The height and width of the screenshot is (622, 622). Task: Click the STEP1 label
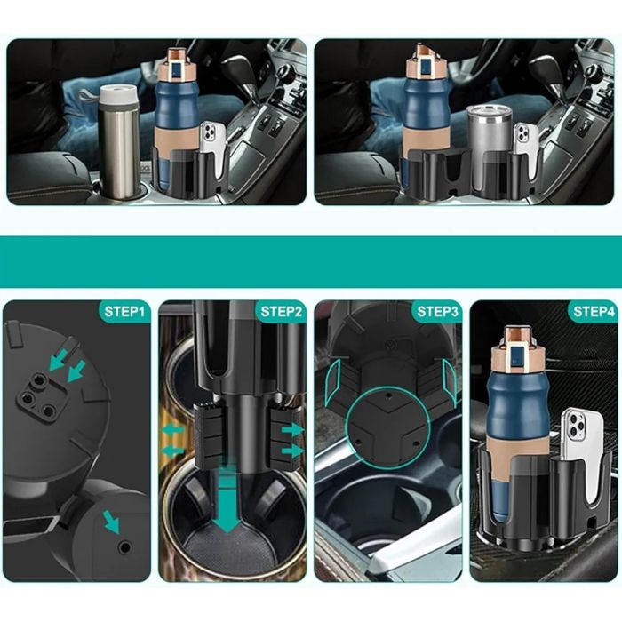point(124,311)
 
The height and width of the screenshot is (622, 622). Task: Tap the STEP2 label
point(281,311)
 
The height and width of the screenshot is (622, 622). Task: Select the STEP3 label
point(437,311)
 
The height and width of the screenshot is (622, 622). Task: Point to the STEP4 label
point(594,311)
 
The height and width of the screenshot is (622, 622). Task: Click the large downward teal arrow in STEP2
point(227,499)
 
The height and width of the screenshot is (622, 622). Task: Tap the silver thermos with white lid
point(118,140)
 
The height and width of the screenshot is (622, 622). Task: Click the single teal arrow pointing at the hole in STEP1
point(112,522)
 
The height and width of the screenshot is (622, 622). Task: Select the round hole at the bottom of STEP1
point(125,547)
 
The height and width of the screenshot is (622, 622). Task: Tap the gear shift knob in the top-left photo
point(239,66)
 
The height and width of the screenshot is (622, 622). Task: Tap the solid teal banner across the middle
point(311,262)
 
